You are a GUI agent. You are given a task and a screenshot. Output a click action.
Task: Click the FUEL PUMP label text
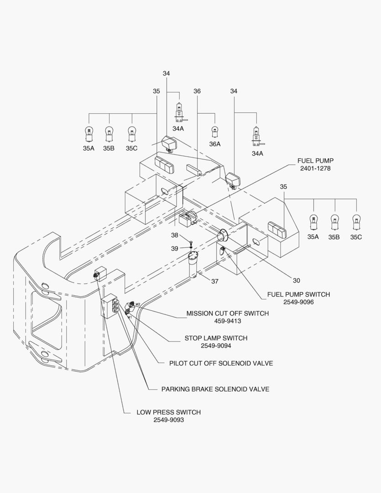click(x=315, y=161)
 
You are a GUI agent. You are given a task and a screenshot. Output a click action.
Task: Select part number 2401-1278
click(x=315, y=168)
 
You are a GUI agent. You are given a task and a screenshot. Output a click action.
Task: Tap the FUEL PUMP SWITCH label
click(x=298, y=294)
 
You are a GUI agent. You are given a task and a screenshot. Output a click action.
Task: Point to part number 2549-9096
click(x=298, y=302)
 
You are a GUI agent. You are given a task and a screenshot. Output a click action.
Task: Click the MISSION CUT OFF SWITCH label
click(x=228, y=313)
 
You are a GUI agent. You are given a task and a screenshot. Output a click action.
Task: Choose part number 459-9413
click(x=228, y=321)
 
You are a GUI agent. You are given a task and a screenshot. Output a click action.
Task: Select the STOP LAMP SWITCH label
click(x=216, y=338)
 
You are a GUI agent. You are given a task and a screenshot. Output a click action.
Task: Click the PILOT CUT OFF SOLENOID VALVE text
click(x=221, y=363)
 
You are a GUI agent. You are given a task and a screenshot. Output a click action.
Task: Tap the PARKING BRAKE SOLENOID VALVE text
click(x=215, y=389)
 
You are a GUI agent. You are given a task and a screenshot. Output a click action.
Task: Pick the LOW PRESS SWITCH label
click(x=168, y=412)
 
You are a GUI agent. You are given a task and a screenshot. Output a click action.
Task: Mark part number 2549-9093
click(x=168, y=420)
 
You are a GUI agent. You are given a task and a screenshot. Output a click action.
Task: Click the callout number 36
click(x=197, y=91)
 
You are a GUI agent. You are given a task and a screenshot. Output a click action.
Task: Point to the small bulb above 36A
click(x=215, y=132)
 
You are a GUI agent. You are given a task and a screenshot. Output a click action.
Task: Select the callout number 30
click(x=296, y=280)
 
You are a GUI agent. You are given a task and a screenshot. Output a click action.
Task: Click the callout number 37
click(x=214, y=281)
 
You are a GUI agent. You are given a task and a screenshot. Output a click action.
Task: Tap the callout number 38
click(x=174, y=235)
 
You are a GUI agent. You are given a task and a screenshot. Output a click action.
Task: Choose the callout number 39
click(x=174, y=248)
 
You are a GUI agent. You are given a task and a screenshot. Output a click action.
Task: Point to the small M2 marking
click(x=138, y=304)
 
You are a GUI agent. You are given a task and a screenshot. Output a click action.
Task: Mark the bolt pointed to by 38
click(x=191, y=242)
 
